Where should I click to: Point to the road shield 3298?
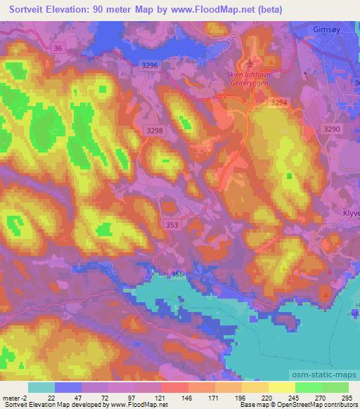(x=155, y=131)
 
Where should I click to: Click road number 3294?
(x=280, y=103)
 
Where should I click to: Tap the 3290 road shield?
(x=331, y=130)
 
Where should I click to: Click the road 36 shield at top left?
(x=58, y=48)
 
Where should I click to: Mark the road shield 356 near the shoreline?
(x=179, y=274)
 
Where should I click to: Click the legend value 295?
(x=347, y=397)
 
